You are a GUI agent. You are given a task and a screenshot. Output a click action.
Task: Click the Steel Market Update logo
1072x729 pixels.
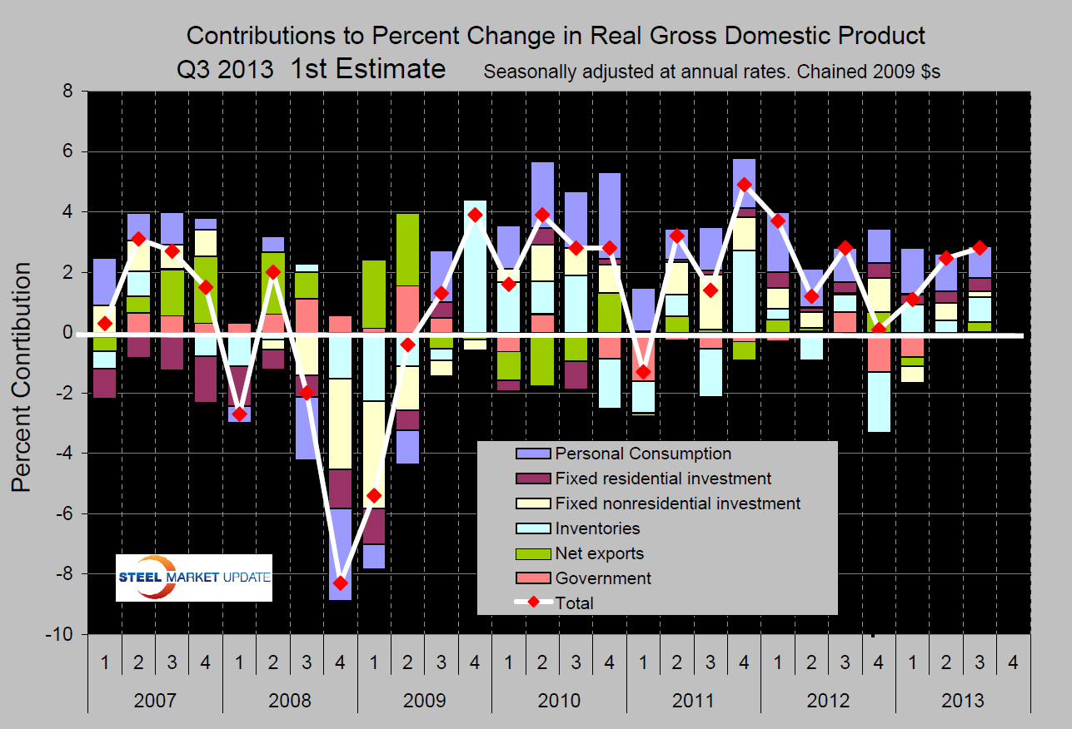point(194,578)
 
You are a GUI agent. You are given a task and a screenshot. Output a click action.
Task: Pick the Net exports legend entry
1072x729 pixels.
point(599,553)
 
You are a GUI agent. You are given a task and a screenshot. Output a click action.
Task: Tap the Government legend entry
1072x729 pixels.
point(603,578)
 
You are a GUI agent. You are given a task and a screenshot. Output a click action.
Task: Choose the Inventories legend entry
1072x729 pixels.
point(598,528)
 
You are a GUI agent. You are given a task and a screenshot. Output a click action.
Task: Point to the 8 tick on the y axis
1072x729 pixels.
point(70,92)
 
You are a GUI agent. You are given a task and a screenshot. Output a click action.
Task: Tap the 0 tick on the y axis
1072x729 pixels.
point(70,333)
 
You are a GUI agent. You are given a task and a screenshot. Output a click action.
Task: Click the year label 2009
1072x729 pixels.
point(424,700)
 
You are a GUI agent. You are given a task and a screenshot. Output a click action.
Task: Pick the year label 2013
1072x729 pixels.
point(963,700)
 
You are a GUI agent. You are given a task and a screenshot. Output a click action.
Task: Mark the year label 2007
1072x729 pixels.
point(154,700)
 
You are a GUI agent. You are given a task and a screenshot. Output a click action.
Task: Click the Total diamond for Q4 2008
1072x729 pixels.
point(340,583)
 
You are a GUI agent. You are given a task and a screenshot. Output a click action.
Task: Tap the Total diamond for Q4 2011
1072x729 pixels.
point(745,185)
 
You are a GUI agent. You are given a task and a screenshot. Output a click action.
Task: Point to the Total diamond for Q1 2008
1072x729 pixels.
point(239,414)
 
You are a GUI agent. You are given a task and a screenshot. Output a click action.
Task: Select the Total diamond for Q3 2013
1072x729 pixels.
point(980,248)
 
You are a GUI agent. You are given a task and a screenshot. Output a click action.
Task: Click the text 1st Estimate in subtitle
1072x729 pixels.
point(367,69)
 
